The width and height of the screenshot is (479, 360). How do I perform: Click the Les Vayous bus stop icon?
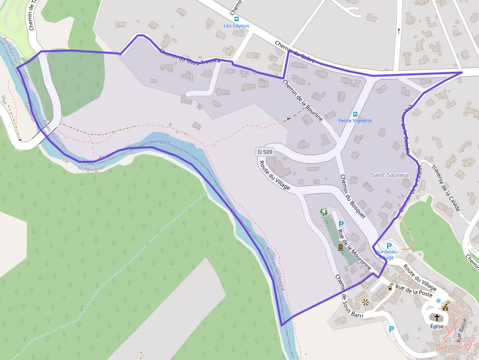coord(237,19)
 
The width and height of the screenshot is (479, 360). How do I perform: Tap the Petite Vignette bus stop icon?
coord(355,114)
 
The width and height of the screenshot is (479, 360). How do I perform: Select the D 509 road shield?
coord(264,152)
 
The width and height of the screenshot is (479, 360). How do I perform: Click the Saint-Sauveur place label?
coord(390,175)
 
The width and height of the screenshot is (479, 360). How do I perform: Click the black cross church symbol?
coord(437,318)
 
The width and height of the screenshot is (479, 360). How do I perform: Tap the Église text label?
coord(437,326)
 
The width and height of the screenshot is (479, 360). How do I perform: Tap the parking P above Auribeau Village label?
coord(389,246)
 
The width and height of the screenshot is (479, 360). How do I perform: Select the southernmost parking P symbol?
coord(391,329)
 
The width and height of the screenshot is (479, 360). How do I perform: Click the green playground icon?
coord(323,212)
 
